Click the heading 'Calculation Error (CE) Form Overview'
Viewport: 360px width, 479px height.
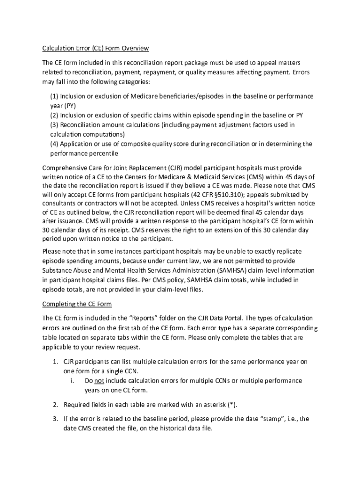(95, 48)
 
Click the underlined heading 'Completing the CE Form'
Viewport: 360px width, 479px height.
(77, 304)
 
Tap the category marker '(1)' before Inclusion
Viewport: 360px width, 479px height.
(55, 96)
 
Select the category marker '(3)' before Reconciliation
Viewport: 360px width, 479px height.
(55, 125)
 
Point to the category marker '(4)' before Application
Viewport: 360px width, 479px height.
(55, 144)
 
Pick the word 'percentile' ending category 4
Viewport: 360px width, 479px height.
(101, 153)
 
